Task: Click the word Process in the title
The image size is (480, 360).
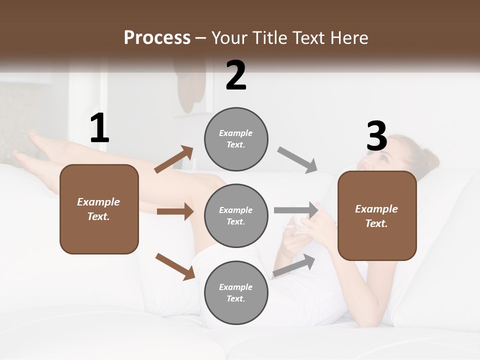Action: pyautogui.click(x=157, y=38)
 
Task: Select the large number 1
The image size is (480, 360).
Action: pyautogui.click(x=99, y=128)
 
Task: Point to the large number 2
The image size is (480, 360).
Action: pyautogui.click(x=236, y=75)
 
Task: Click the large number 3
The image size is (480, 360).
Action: pyautogui.click(x=376, y=136)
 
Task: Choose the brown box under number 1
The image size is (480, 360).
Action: pyautogui.click(x=99, y=209)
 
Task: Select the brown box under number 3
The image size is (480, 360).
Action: pyautogui.click(x=377, y=216)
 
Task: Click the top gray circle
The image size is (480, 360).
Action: pyautogui.click(x=236, y=139)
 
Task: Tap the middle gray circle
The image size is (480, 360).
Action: pyautogui.click(x=236, y=216)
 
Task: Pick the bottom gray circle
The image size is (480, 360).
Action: pyautogui.click(x=236, y=293)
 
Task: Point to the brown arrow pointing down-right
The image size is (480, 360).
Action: pyautogui.click(x=175, y=266)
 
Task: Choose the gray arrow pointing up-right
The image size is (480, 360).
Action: pyautogui.click(x=294, y=265)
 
